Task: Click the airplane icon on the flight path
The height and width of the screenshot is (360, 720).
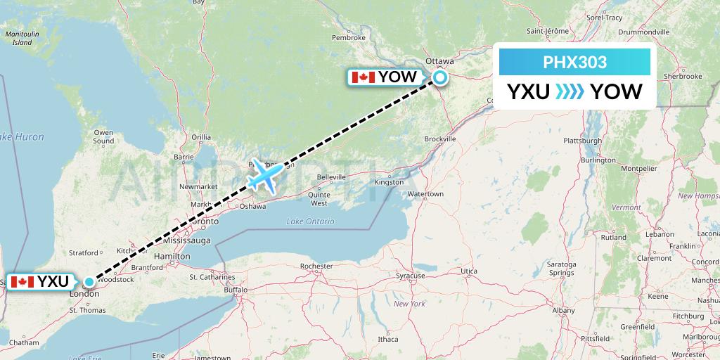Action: click(x=266, y=175)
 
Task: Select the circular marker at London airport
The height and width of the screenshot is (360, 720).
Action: click(x=89, y=282)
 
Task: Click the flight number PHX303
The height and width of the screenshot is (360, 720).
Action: click(x=575, y=63)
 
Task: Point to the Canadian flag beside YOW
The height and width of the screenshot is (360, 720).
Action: click(x=363, y=77)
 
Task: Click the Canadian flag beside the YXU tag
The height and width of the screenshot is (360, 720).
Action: click(x=22, y=282)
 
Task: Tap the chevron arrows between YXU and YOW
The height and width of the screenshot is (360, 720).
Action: click(x=570, y=92)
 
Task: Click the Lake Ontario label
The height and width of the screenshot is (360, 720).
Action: click(x=309, y=221)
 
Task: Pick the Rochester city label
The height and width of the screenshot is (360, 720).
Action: click(x=316, y=266)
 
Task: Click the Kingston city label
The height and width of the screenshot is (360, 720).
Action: click(x=389, y=181)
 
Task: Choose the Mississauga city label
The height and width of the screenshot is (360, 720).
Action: click(x=187, y=240)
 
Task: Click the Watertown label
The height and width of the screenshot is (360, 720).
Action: click(x=425, y=193)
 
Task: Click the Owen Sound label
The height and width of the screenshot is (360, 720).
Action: click(x=103, y=136)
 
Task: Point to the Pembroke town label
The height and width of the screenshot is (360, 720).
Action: click(x=349, y=37)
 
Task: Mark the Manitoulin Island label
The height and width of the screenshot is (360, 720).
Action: click(x=22, y=38)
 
